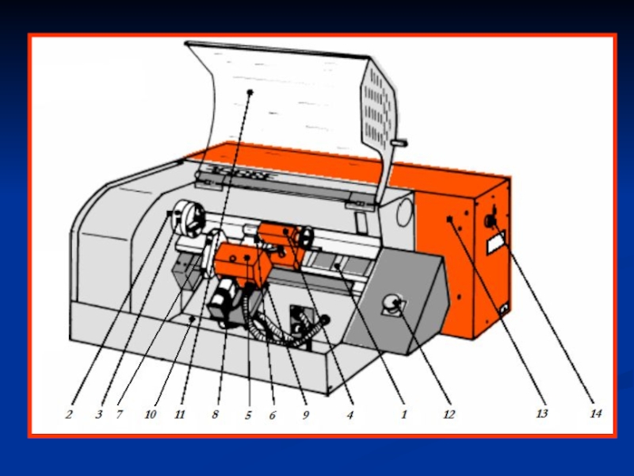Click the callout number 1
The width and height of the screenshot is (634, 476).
pos(403,414)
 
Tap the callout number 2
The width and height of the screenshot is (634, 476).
pos(69,414)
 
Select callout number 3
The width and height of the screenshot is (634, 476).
pos(98,414)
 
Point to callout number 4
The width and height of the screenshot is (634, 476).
pos(350,414)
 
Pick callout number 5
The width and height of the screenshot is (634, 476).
pos(248,414)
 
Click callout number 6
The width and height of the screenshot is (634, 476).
pos(273,414)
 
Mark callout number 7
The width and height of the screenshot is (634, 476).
pos(119,414)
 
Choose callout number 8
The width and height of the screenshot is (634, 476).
pos(215,414)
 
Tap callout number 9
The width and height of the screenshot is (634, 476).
pos(306,414)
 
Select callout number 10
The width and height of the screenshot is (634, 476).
pos(150,414)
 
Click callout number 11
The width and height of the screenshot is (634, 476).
pos(180,414)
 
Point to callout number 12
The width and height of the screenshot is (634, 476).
pos(449,414)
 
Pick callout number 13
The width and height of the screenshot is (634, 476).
pos(542,413)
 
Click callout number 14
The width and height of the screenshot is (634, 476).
pos(596,413)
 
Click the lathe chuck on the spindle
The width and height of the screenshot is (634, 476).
pos(189,219)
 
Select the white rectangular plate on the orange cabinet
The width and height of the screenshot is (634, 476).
pos(497,243)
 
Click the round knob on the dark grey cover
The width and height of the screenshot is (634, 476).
pos(391,303)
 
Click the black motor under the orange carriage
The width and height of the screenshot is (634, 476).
pos(223,303)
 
